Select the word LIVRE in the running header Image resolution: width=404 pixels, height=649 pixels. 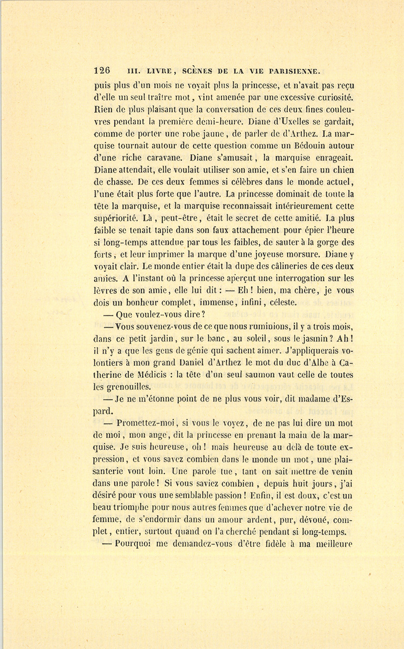155,71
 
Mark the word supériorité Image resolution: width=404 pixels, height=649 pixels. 116,218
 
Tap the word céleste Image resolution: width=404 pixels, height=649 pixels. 281,302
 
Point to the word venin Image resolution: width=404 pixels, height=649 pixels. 340,471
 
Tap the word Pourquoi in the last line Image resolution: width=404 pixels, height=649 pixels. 134,544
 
